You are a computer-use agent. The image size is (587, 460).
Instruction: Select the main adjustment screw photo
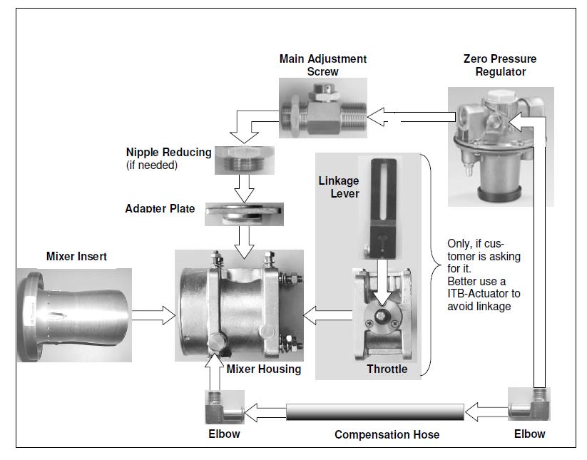(x=323, y=111)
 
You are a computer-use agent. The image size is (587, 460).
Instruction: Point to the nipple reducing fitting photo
(x=244, y=160)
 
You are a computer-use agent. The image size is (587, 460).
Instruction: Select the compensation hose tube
(x=374, y=412)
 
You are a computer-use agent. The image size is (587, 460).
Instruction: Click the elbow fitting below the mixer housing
(x=217, y=409)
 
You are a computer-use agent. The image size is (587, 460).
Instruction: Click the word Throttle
(x=387, y=369)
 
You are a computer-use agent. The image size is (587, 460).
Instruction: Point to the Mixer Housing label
(x=264, y=369)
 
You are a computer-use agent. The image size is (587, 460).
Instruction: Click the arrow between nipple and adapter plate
(x=244, y=189)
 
